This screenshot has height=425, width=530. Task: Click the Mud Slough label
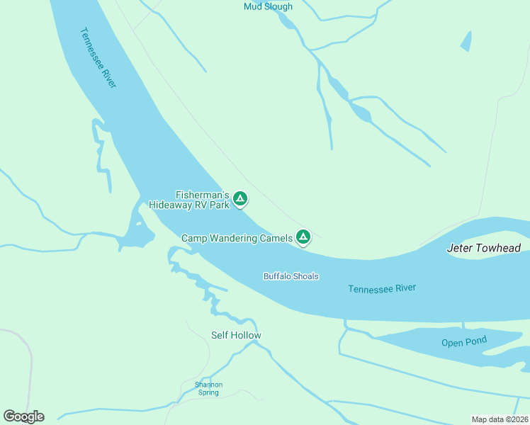268,6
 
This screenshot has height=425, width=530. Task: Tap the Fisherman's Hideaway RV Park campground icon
240,199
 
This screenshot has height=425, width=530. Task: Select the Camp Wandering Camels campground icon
303,237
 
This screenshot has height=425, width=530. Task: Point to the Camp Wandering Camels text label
237,239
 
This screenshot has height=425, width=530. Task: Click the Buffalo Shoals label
291,276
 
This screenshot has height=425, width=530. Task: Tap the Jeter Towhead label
483,249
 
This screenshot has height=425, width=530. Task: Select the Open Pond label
464,341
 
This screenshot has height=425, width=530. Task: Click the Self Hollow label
236,335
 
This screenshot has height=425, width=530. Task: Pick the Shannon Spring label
208,388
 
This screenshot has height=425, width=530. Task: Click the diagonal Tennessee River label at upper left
98,57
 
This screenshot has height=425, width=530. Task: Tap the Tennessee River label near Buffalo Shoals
382,288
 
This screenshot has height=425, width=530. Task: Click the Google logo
23,416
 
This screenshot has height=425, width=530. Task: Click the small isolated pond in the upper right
466,42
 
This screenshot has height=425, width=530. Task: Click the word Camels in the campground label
275,239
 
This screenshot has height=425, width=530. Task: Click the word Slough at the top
279,6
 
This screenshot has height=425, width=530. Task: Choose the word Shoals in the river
306,276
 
